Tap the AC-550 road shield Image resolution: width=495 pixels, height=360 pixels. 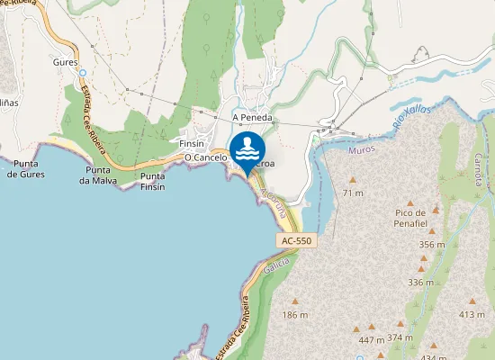click(296, 241)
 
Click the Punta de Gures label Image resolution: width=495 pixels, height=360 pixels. click(26, 168)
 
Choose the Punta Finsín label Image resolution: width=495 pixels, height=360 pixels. click(153, 181)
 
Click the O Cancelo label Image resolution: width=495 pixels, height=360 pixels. click(204, 157)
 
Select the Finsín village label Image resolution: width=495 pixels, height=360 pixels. click(193, 143)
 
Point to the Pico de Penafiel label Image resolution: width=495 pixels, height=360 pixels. click(415, 217)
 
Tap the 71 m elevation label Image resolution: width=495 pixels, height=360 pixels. click(353, 193)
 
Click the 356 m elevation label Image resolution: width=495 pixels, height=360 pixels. click(432, 244)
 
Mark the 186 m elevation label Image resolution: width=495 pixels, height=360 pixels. click(295, 315)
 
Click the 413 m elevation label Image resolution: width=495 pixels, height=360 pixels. click(471, 314)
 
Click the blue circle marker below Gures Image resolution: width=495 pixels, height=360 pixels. click(81, 73)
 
